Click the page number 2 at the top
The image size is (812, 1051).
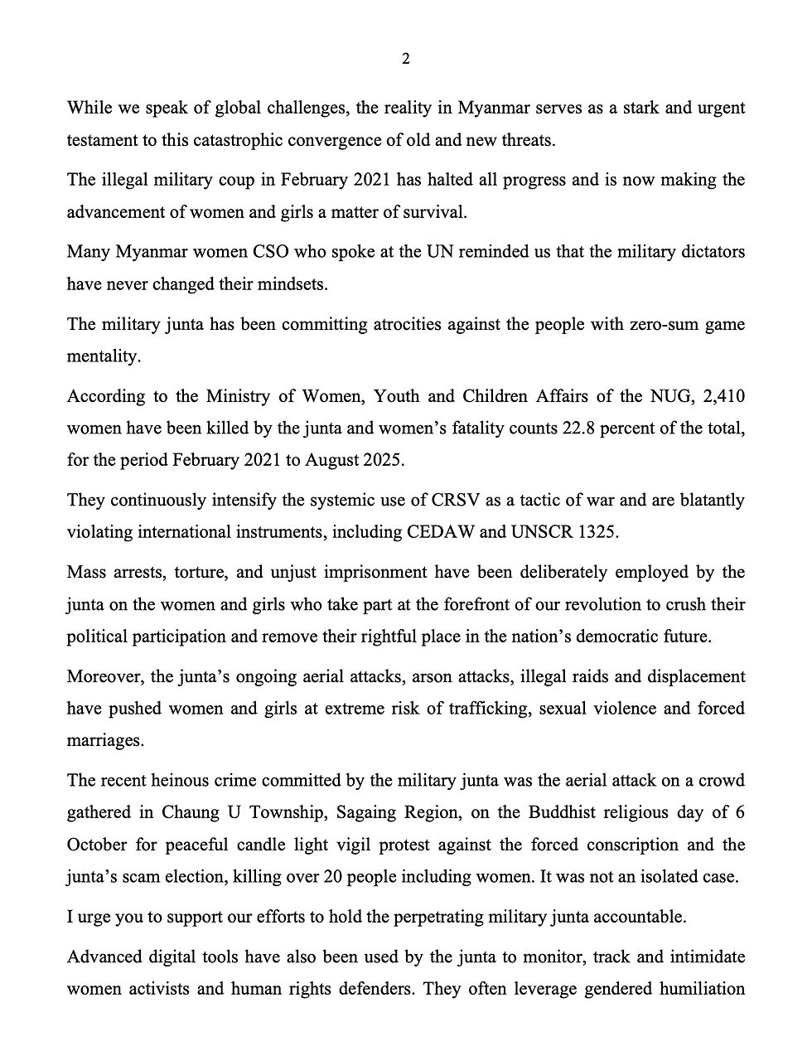click(405, 59)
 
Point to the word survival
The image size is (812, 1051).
click(437, 212)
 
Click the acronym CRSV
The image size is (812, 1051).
click(454, 501)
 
